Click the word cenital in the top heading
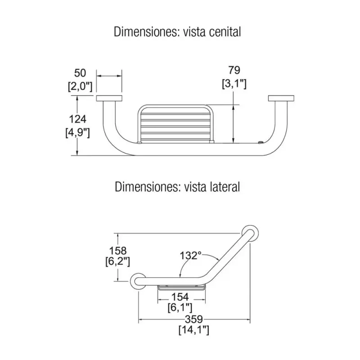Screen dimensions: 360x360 (225, 31)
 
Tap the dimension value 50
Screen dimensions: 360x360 (80, 73)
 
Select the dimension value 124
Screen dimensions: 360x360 (77, 119)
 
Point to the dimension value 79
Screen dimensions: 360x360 (234, 70)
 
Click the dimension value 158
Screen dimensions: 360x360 (118, 251)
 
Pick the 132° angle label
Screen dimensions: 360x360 (190, 255)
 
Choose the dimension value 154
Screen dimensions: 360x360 (180, 297)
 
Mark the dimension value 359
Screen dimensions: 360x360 (194, 319)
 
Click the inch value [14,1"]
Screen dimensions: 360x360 (194, 330)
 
